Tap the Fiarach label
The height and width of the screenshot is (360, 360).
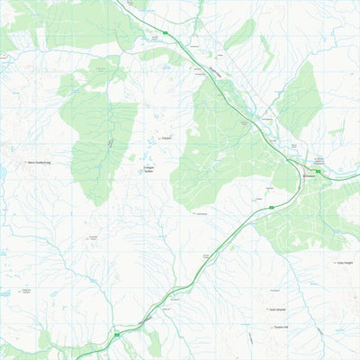point(166,139)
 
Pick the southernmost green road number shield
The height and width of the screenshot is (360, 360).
point(116,335)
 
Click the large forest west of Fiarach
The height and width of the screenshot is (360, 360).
point(99,135)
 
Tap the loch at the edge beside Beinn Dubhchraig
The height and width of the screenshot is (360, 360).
point(3,168)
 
